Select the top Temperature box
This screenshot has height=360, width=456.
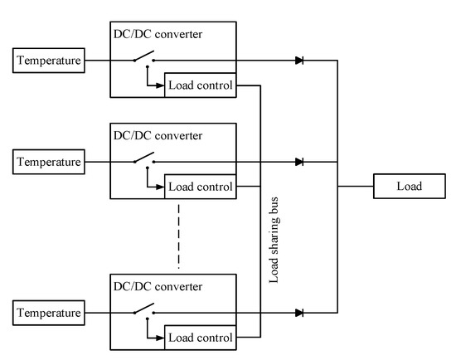48,61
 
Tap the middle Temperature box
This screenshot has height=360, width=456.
48,161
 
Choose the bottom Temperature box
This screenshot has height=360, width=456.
48,313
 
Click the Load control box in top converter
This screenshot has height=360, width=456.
200,85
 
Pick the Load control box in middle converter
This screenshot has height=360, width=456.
200,186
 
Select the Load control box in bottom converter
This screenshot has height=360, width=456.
200,338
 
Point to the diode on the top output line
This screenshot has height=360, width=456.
298,61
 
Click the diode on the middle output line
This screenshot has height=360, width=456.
298,161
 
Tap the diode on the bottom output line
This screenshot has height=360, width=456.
298,313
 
